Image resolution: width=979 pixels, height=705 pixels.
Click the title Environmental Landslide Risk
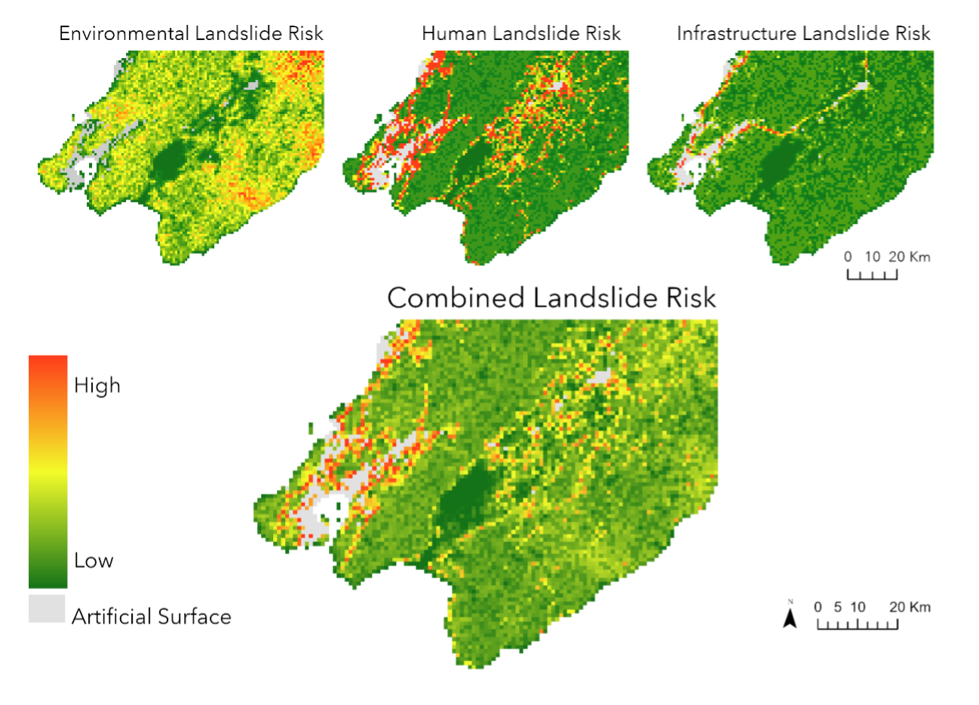click(191, 34)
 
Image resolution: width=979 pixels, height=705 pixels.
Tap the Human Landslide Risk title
click(521, 34)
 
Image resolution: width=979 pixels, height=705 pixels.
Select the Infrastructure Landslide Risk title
click(803, 34)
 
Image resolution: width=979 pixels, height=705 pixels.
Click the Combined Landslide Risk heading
click(551, 298)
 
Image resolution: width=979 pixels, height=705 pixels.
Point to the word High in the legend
click(97, 386)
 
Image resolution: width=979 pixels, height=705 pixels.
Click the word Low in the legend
click(94, 560)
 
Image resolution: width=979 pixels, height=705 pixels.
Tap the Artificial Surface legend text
click(152, 617)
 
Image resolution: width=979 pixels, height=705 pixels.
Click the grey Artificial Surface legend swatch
click(48, 608)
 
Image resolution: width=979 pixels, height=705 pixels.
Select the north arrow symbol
click(790, 618)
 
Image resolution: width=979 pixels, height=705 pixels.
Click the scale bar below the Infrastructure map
click(872, 274)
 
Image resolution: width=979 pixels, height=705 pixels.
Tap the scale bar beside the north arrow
click(858, 624)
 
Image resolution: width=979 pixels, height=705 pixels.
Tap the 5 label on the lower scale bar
click(837, 607)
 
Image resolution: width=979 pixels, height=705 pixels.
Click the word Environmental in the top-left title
click(124, 34)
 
